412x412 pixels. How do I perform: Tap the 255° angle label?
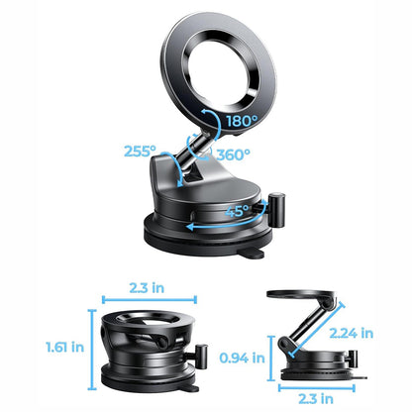click(x=141, y=152)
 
